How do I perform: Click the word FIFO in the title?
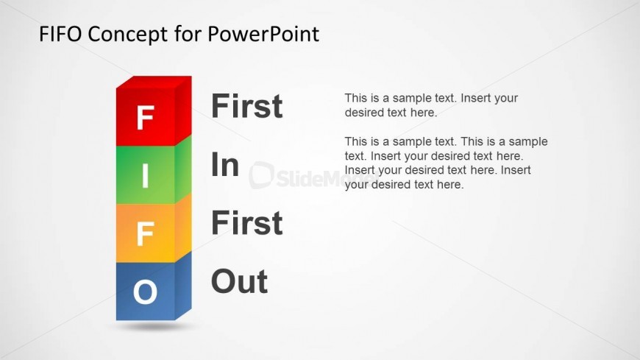(60, 34)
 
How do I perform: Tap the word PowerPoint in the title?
(263, 34)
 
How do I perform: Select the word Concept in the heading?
(128, 35)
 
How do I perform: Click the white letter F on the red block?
(146, 117)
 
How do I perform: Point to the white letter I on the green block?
(146, 176)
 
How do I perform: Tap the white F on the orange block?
(146, 233)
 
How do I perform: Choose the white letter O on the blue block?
(146, 292)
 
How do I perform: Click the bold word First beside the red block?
(247, 106)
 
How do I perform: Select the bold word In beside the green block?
(225, 164)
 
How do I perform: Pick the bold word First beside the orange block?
(247, 223)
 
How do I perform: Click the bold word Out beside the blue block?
(240, 281)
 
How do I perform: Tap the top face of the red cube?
(154, 82)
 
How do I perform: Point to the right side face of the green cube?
(183, 169)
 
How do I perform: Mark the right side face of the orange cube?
(183, 227)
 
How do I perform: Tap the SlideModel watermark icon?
(261, 175)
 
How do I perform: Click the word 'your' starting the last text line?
(356, 185)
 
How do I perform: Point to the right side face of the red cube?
(183, 110)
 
